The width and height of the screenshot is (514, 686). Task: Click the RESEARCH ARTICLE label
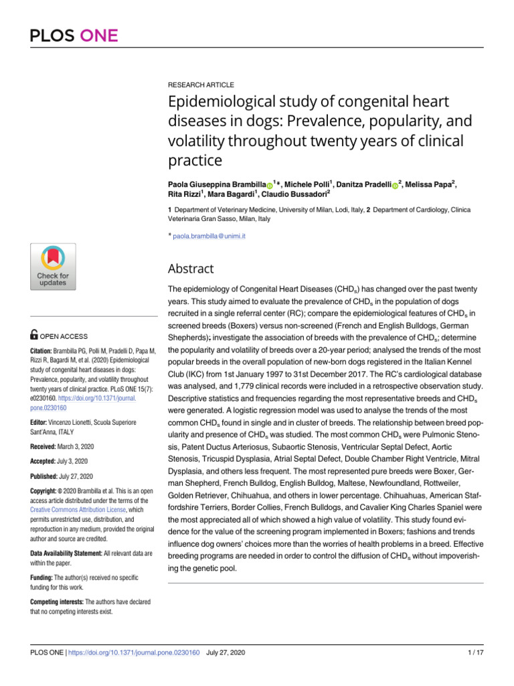[201, 85]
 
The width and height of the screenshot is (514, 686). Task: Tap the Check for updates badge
[53, 267]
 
